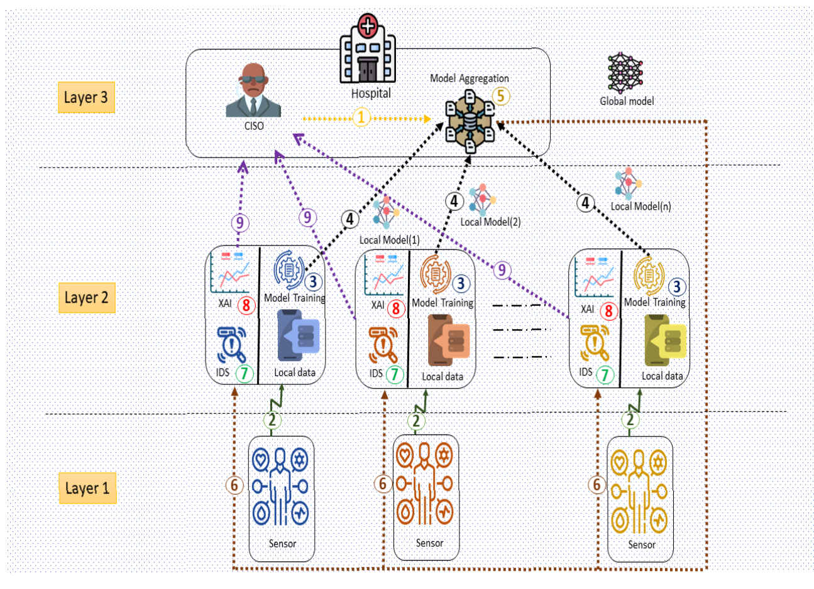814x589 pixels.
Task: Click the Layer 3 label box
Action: (86, 97)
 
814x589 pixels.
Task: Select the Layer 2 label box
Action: (86, 297)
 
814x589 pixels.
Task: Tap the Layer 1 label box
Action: (87, 488)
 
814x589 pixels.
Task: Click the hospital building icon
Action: (368, 50)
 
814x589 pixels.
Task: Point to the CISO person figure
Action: (253, 90)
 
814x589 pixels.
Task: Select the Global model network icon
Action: (625, 72)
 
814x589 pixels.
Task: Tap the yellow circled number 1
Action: (361, 117)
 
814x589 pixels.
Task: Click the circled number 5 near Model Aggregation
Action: (501, 96)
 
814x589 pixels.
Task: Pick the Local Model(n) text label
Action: (641, 206)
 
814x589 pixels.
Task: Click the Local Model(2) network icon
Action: (481, 199)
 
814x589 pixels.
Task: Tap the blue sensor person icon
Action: (281, 486)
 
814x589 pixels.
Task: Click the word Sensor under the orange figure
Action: (429, 543)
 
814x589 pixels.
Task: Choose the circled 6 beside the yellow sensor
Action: (597, 484)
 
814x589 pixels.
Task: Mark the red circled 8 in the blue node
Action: (246, 306)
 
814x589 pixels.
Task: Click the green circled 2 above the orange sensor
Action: (416, 421)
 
